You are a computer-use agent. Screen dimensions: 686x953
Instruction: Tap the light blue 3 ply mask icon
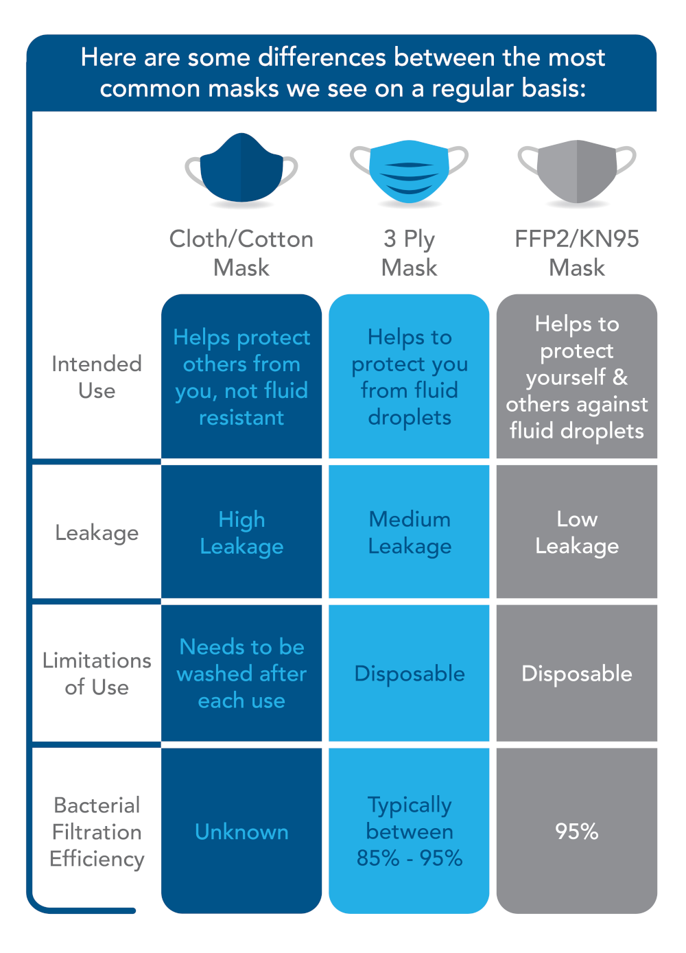coord(409,172)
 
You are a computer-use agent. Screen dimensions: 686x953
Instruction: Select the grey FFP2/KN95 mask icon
coord(577,172)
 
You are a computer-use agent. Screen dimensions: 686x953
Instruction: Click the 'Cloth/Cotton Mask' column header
coord(241,252)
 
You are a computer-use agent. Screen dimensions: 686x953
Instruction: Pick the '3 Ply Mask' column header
coord(409,252)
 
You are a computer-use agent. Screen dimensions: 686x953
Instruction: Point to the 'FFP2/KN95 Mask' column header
coord(577,252)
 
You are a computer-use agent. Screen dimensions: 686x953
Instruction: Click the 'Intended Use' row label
coord(97,377)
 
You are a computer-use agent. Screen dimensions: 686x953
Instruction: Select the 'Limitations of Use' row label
coord(97,674)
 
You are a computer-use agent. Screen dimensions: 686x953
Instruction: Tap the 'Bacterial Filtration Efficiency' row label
coord(97,832)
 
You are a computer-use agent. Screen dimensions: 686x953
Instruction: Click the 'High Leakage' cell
coord(241,532)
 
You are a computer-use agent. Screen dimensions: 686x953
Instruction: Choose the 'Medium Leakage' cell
coord(410,532)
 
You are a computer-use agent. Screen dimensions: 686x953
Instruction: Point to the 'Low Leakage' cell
coord(577,532)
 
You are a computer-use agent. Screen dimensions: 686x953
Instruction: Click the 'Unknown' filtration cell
coord(241,832)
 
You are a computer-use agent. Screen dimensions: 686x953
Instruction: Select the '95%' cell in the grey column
coord(577,832)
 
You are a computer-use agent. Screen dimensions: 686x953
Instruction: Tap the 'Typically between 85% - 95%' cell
coord(410,832)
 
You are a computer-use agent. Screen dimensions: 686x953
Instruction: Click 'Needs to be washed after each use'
coord(241,674)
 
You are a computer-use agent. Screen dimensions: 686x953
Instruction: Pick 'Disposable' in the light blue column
coord(410,674)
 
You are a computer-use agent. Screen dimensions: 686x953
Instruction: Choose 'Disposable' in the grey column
coord(577,674)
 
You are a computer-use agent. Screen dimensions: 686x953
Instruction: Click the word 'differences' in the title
coord(322,57)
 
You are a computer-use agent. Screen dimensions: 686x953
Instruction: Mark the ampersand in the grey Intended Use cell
coord(619,377)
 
